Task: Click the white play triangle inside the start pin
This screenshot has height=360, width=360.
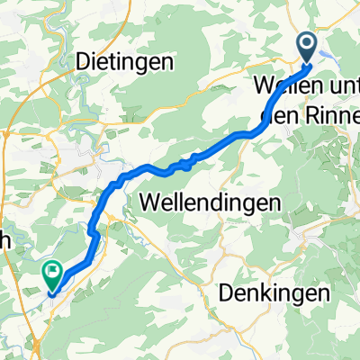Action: (307, 42)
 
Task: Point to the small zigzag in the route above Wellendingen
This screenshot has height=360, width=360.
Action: (184, 164)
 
